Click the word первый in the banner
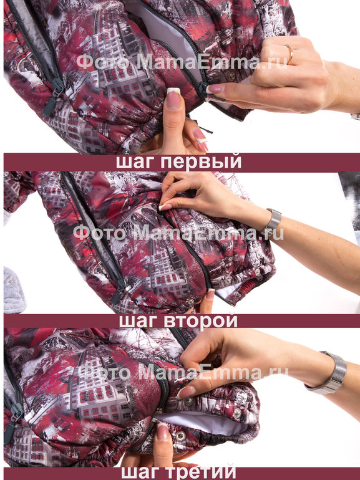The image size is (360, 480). click(x=201, y=162)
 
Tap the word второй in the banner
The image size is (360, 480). click(x=201, y=320)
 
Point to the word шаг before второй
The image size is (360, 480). click(x=139, y=322)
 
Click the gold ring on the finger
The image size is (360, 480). click(x=289, y=54)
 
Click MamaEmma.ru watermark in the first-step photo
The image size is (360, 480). click(x=212, y=62)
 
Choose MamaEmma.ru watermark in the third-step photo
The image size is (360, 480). click(x=213, y=373)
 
